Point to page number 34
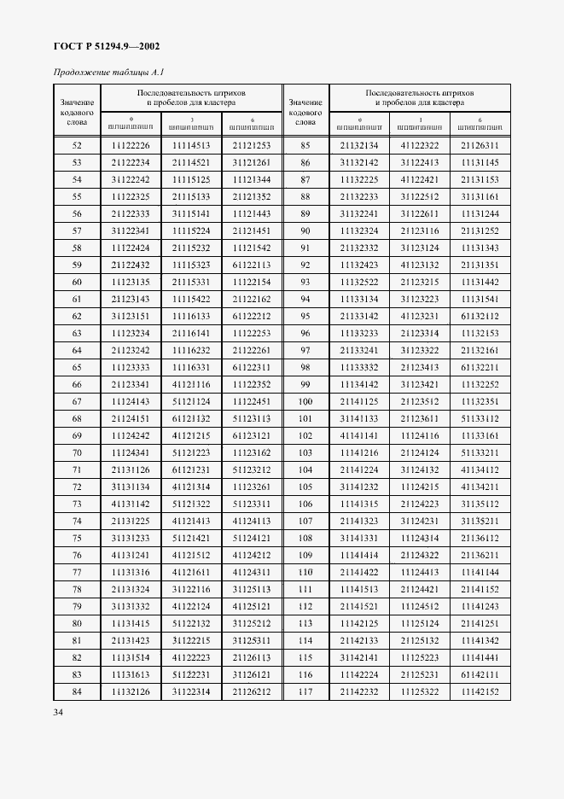[59, 711]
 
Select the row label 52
[77, 145]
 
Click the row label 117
[305, 691]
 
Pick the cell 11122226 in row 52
[131, 145]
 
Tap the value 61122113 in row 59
[251, 265]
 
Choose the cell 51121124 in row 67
[191, 401]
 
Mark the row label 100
[305, 401]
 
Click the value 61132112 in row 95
[480, 316]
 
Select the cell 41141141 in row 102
[359, 435]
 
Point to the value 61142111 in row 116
[480, 674]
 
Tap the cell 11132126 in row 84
[131, 691]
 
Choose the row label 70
[77, 452]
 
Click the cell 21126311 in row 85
[480, 145]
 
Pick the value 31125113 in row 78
[251, 589]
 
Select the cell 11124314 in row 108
[420, 538]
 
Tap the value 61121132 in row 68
[191, 418]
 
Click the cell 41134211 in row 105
[480, 487]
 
